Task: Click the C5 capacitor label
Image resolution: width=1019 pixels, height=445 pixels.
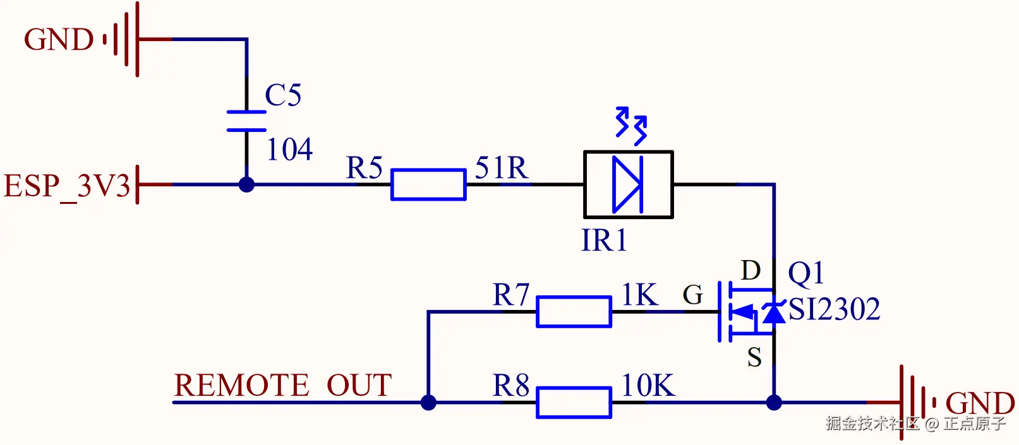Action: [x=283, y=95]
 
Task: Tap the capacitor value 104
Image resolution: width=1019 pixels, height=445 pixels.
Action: [x=289, y=149]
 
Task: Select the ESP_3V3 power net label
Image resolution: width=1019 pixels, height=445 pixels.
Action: [x=67, y=186]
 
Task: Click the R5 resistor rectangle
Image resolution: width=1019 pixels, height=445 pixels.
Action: [x=428, y=184]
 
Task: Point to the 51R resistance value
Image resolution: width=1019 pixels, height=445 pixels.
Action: [x=502, y=167]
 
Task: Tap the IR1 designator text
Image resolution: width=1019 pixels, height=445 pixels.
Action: [x=604, y=240]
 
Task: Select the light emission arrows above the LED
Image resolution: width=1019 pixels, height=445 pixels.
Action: [x=631, y=126]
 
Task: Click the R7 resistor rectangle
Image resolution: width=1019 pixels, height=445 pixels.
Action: [x=574, y=312]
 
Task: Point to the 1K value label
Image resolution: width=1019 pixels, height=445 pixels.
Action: [x=639, y=294]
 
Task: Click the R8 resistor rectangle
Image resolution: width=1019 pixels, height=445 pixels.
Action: [x=574, y=402]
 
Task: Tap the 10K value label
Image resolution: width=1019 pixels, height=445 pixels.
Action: [x=648, y=386]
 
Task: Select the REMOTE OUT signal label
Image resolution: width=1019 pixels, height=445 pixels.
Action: [x=282, y=385]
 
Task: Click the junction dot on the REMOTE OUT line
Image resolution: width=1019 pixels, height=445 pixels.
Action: [x=428, y=402]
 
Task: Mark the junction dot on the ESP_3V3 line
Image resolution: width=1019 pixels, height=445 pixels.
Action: [x=246, y=184]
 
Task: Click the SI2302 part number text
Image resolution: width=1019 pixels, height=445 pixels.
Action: [x=835, y=309]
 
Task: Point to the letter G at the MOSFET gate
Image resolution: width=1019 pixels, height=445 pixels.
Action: [x=693, y=295]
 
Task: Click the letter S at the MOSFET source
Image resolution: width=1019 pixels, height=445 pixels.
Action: [x=754, y=357]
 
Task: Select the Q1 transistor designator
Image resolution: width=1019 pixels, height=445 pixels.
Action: [x=805, y=274]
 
